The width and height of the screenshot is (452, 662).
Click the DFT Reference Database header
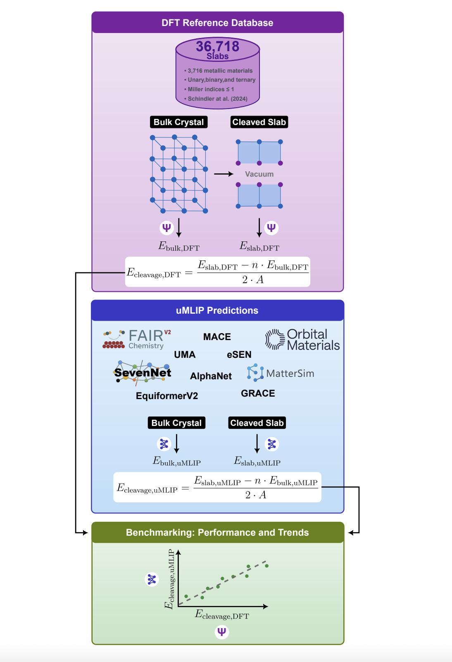(217, 23)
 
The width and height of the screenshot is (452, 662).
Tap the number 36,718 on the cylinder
(217, 46)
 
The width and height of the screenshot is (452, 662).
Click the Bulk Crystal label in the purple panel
(178, 122)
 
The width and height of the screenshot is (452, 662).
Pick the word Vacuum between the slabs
(259, 174)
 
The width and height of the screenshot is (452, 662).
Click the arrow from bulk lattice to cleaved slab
(224, 174)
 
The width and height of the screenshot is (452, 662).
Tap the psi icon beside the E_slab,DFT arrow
(271, 227)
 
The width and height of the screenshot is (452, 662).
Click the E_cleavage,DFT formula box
(217, 272)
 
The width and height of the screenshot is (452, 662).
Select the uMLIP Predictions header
(217, 310)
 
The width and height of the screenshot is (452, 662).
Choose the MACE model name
(217, 337)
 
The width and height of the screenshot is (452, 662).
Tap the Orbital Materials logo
(302, 340)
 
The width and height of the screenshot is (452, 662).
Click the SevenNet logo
(143, 372)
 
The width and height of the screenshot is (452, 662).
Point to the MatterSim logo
(281, 373)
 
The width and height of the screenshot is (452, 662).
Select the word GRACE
(258, 393)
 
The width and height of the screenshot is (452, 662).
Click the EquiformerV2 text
(167, 396)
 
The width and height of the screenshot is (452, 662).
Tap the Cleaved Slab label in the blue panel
(257, 423)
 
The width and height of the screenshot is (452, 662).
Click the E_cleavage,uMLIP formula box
(217, 487)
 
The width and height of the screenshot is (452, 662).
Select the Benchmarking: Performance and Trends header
(217, 532)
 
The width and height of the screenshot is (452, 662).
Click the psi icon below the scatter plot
(222, 632)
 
